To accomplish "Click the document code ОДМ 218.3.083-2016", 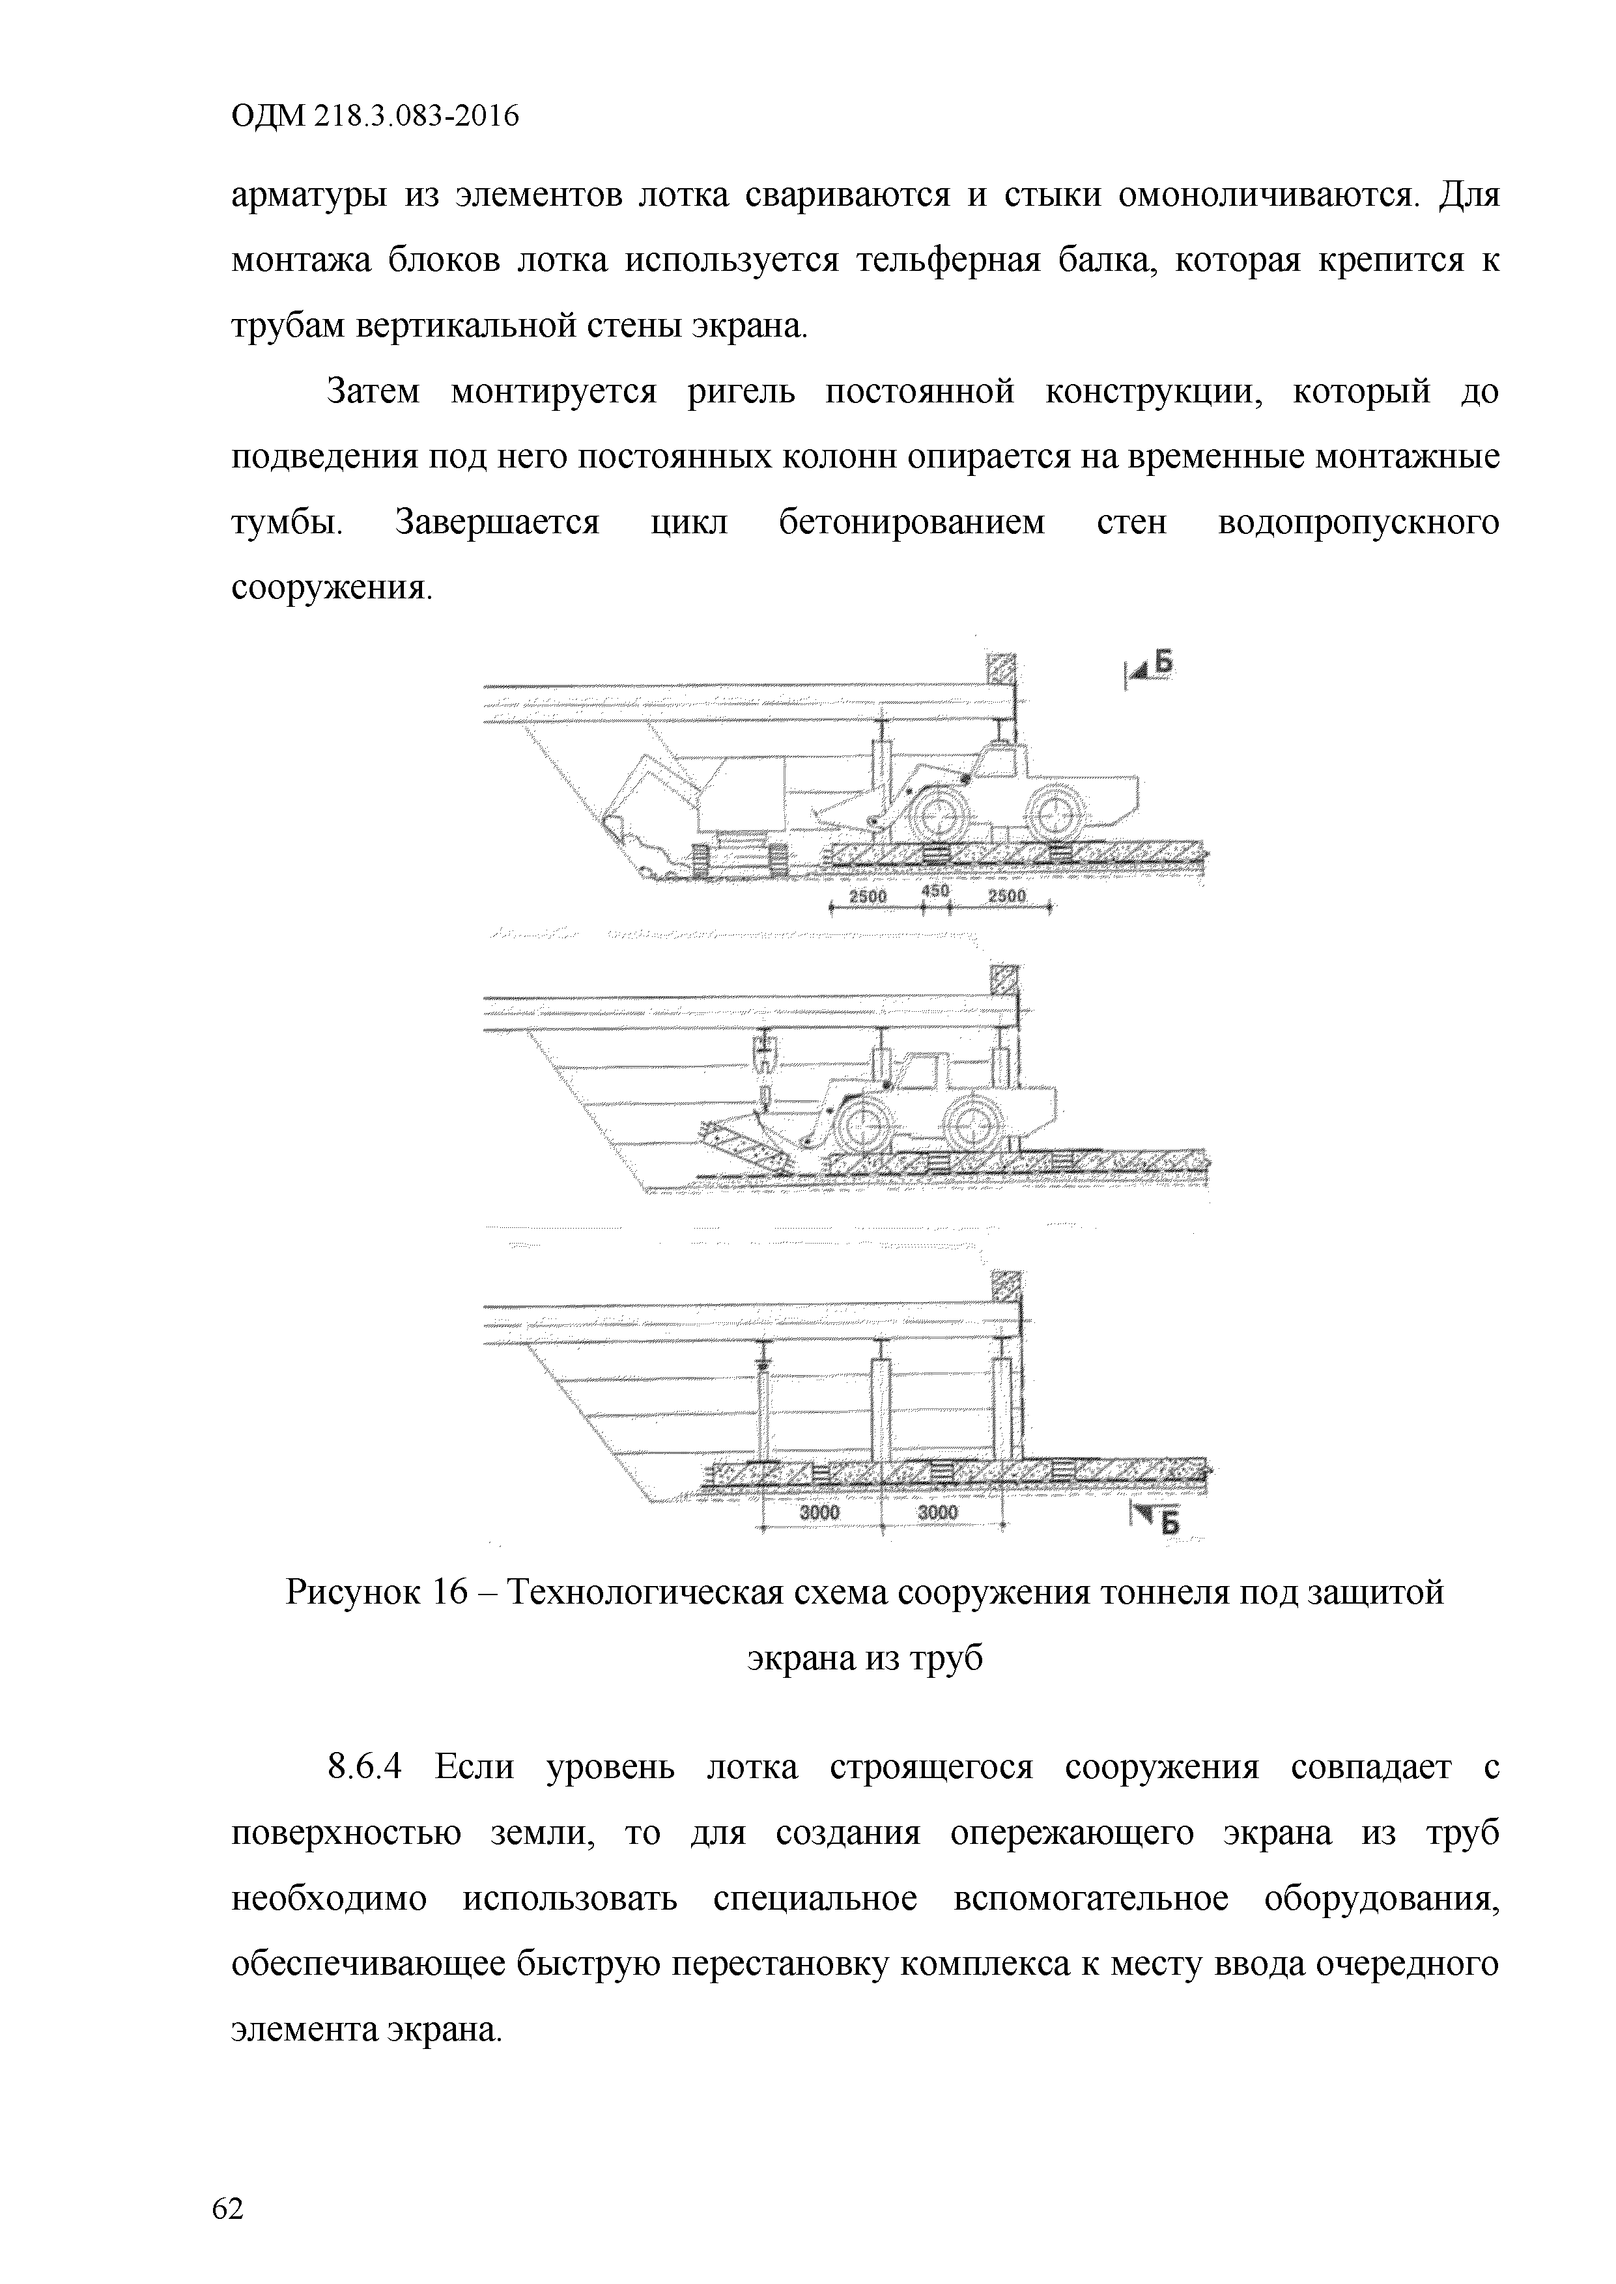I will coord(375,117).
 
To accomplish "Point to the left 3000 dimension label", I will coord(820,1513).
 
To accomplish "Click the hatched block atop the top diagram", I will coord(1000,669).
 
